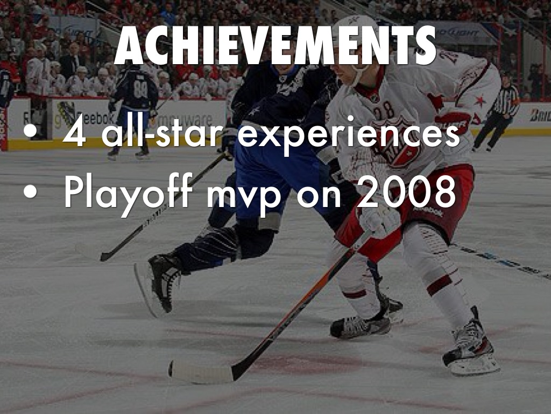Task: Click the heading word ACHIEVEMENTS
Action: tap(275, 45)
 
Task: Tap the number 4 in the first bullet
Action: tap(74, 133)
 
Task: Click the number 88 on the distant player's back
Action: tap(140, 90)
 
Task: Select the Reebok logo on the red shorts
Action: tap(427, 211)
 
